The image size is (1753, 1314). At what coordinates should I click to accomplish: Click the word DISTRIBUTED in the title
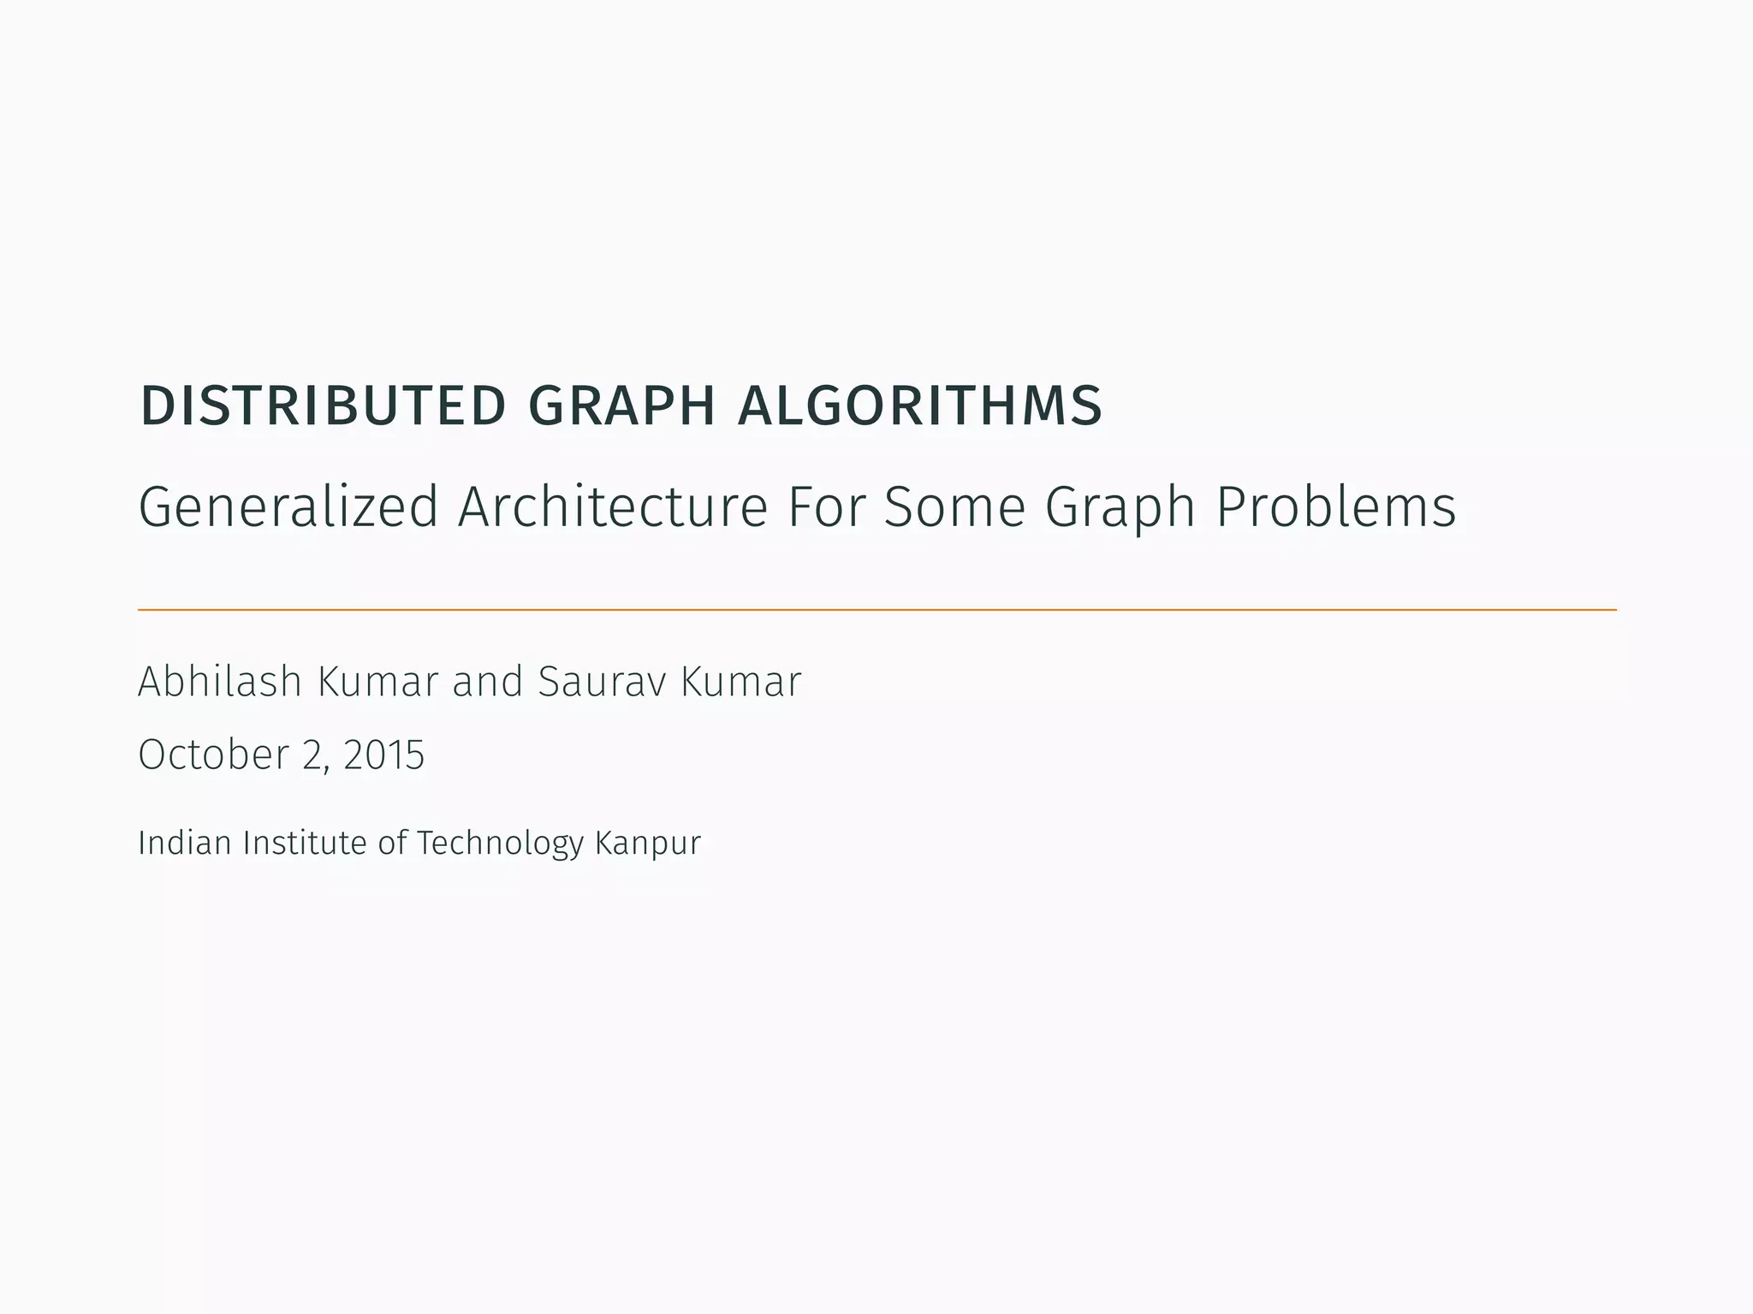(x=324, y=405)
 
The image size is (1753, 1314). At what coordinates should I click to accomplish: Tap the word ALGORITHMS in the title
(x=920, y=405)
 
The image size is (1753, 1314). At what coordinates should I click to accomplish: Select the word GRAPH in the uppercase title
(x=622, y=405)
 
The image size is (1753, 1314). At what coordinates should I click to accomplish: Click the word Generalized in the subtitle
(x=288, y=506)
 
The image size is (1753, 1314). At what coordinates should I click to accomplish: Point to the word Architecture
(x=613, y=506)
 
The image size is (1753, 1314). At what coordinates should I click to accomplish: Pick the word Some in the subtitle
(x=954, y=506)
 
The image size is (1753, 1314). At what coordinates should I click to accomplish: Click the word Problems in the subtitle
(x=1335, y=506)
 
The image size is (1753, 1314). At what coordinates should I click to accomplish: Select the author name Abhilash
(x=220, y=682)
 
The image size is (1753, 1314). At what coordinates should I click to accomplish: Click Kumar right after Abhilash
(x=377, y=682)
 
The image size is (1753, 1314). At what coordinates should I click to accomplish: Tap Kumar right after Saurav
(x=741, y=682)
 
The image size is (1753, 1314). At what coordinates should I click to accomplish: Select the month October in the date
(x=213, y=755)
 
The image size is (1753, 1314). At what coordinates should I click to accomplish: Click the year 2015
(x=383, y=755)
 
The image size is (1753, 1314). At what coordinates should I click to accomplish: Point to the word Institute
(x=305, y=843)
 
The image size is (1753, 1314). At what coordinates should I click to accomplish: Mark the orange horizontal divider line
(x=876, y=610)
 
